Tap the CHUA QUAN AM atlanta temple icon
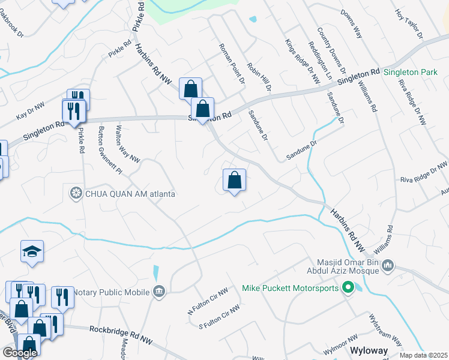pos(76,193)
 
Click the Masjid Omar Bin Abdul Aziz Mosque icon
pos(388,265)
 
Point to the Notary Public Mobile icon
pos(159,292)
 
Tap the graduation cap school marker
pos(32,252)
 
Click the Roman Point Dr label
pos(232,63)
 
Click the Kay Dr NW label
pos(31,109)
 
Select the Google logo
pos(20,353)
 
